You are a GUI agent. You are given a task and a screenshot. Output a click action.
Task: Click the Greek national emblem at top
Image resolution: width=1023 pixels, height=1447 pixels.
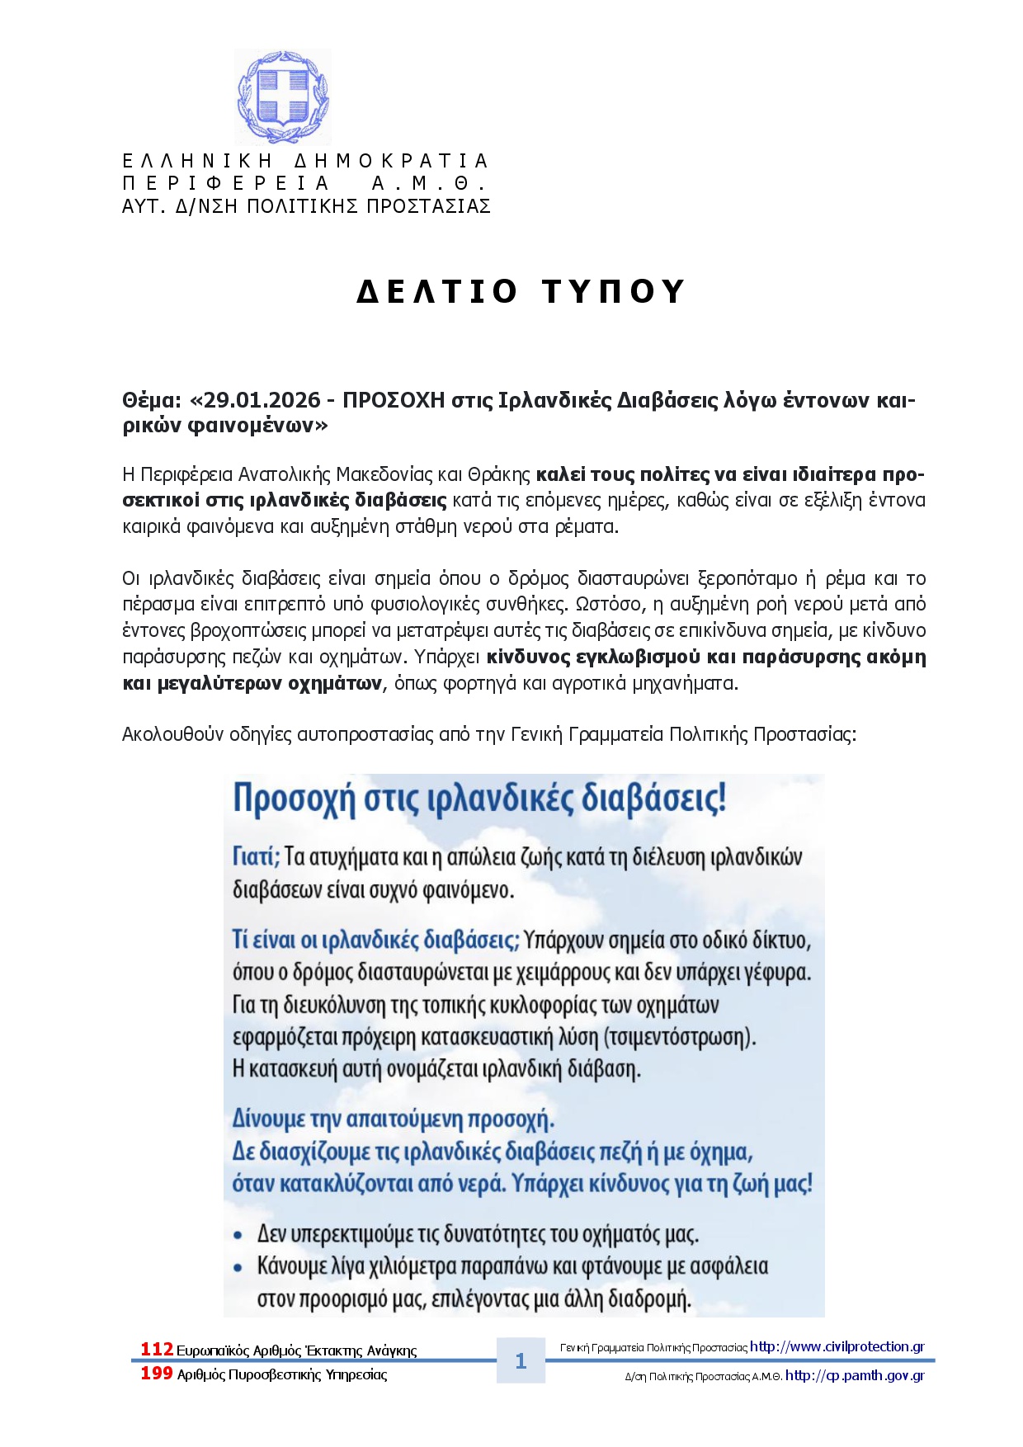(x=282, y=97)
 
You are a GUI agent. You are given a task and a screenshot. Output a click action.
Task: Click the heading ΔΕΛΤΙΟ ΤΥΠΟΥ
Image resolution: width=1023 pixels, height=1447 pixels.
(x=521, y=292)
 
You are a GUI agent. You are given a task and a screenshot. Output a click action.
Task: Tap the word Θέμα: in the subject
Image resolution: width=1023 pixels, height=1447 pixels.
(x=151, y=401)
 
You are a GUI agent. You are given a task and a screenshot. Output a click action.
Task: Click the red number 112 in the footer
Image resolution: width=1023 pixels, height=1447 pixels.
(x=156, y=1349)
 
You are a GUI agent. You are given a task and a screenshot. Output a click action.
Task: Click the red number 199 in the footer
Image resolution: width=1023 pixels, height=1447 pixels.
(x=156, y=1374)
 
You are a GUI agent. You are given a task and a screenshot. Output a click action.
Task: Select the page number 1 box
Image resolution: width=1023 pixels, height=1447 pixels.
(x=521, y=1360)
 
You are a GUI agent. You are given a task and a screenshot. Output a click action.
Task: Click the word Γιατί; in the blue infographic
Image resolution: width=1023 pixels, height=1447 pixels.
(x=257, y=857)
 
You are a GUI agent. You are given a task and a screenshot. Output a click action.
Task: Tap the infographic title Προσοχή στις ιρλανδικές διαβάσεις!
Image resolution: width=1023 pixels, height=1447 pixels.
(x=479, y=799)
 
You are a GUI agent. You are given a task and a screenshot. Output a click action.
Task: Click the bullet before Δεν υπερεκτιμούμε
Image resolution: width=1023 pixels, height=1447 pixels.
(x=238, y=1236)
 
